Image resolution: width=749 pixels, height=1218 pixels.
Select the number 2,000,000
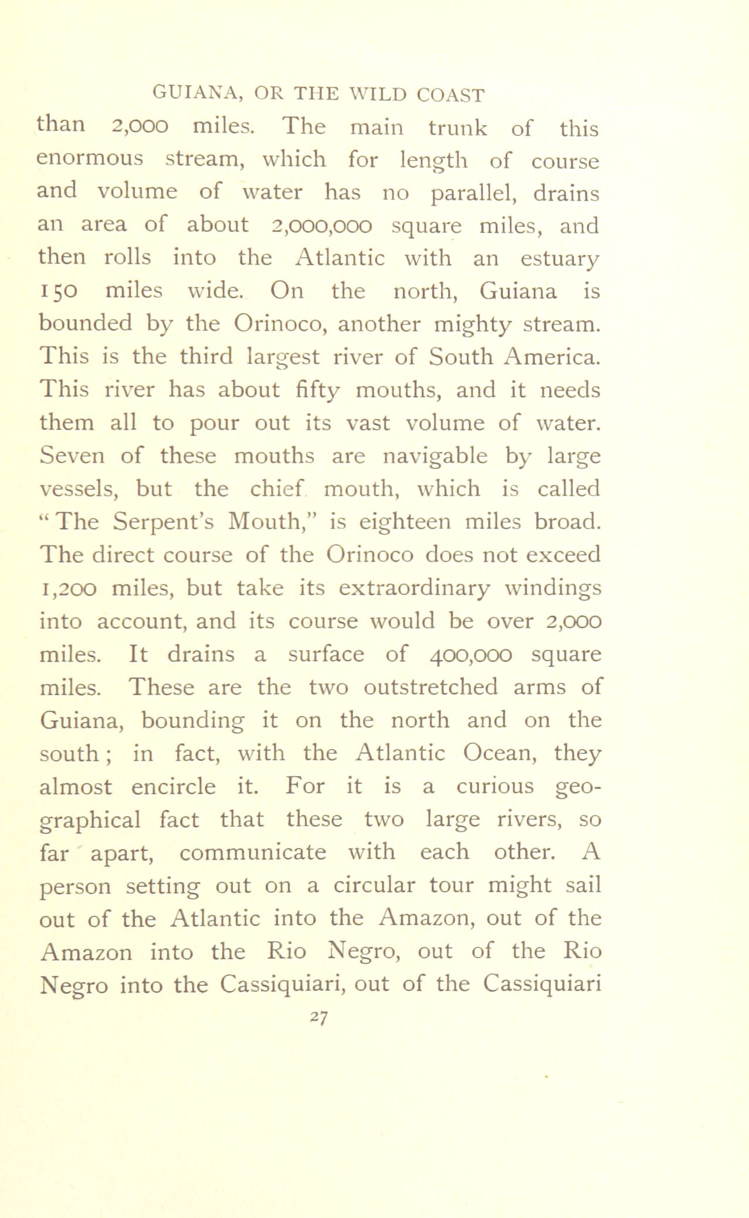pos(321,225)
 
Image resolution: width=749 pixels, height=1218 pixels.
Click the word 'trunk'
pos(457,128)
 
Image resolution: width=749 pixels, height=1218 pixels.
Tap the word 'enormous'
pos(90,159)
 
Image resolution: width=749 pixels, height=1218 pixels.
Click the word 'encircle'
pos(173,786)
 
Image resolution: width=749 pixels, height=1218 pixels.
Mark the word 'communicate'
pos(253,852)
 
